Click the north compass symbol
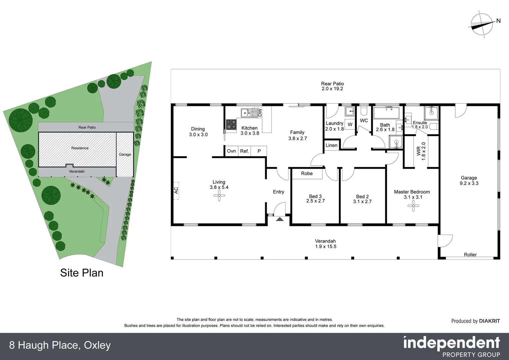point(482,24)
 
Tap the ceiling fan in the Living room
point(219,197)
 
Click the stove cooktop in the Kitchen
point(231,125)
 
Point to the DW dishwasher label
point(260,112)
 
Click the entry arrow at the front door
point(279,219)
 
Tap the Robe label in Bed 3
point(307,174)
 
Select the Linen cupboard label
point(331,145)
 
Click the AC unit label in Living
point(176,190)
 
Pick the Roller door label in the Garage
point(470,255)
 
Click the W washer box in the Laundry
point(350,125)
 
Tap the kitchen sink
point(246,113)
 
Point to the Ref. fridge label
point(245,151)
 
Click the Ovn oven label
point(232,151)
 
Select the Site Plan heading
point(82,273)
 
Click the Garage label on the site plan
point(125,154)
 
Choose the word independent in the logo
point(452,343)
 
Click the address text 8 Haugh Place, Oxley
point(60,345)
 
